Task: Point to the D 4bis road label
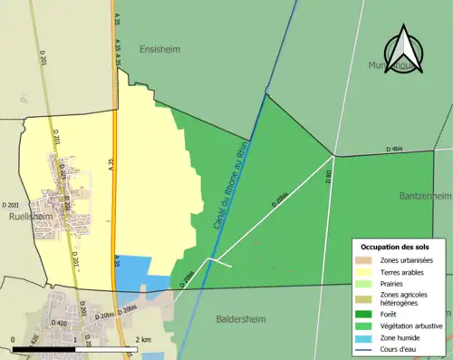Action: [394, 149]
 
